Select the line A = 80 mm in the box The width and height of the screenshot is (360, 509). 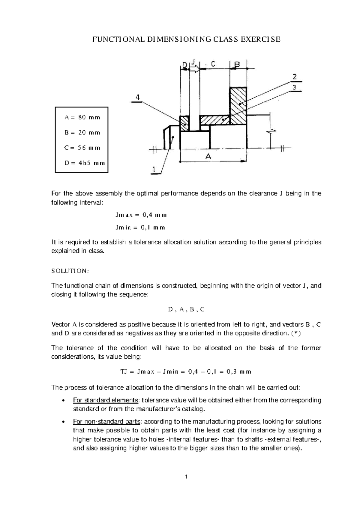pos(82,117)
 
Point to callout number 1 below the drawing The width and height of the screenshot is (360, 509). pos(154,170)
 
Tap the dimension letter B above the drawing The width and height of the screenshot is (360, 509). pos(237,64)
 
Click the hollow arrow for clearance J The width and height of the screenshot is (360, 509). pos(194,70)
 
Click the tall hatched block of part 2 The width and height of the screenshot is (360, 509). pos(238,106)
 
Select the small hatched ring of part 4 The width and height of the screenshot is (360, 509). pos(184,124)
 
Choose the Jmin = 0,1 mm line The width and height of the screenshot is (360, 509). pos(140,227)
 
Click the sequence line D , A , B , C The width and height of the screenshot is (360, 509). pos(186,309)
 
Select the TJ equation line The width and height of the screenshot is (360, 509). pos(185,372)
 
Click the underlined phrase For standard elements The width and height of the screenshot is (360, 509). pos(106,400)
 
